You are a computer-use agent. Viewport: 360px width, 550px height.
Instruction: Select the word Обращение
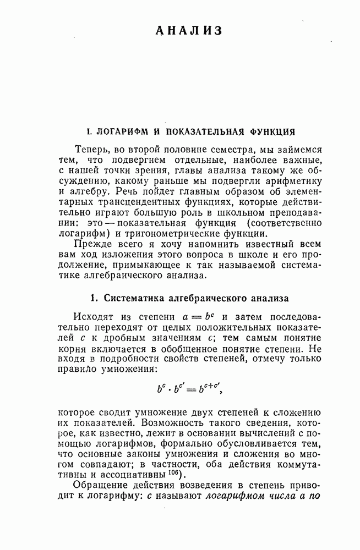(100, 487)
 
